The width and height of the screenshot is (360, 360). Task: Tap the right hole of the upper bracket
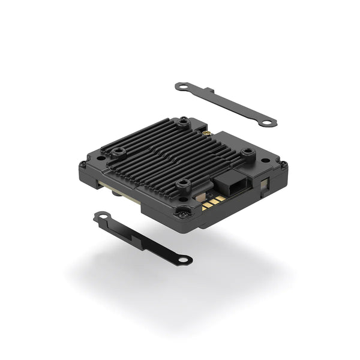point(266,122)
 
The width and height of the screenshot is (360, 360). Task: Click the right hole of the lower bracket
point(185,260)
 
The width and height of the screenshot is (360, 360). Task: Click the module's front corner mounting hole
point(182,211)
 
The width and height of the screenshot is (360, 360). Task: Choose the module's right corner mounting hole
point(282,165)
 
